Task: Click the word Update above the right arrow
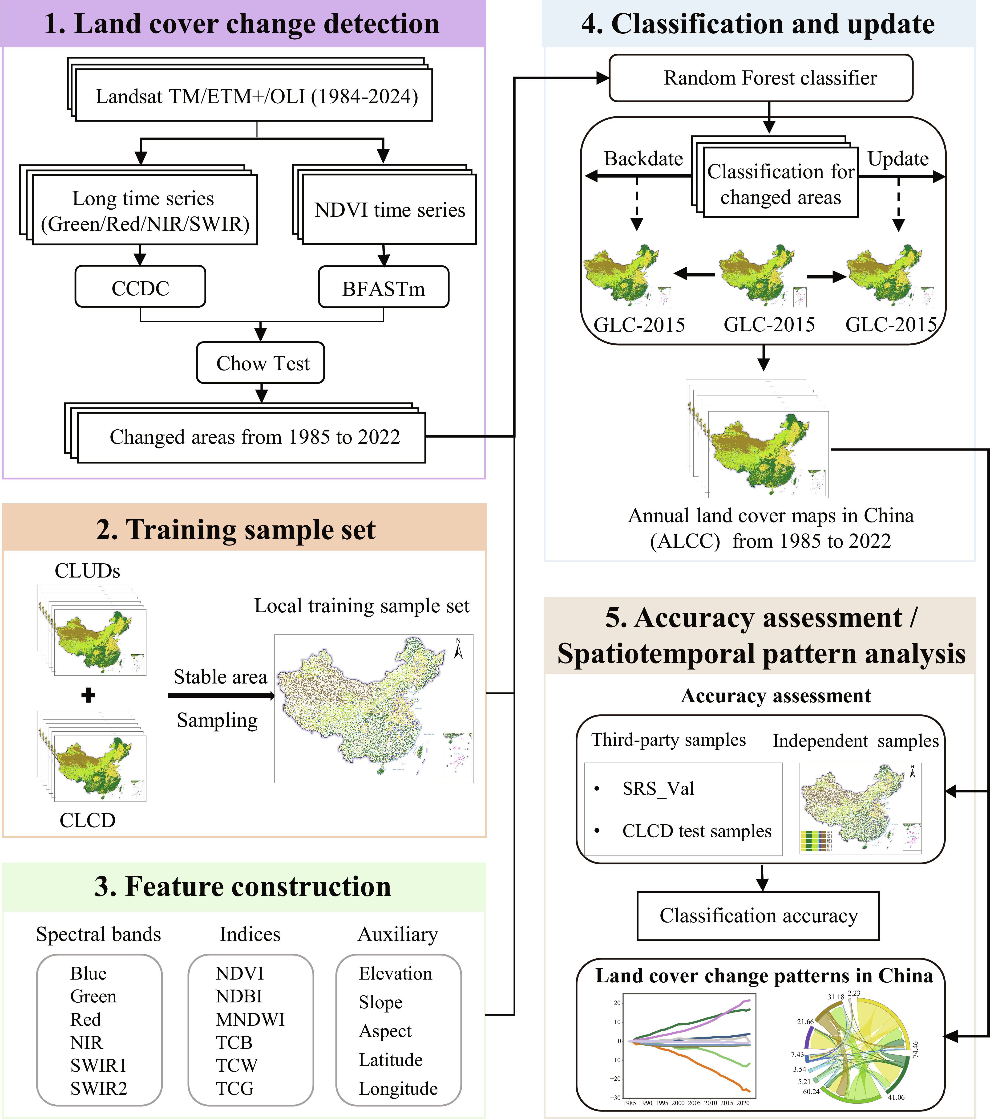click(898, 159)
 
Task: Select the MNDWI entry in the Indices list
click(250, 1019)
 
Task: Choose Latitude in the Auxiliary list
click(391, 1060)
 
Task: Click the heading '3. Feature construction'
click(243, 886)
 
